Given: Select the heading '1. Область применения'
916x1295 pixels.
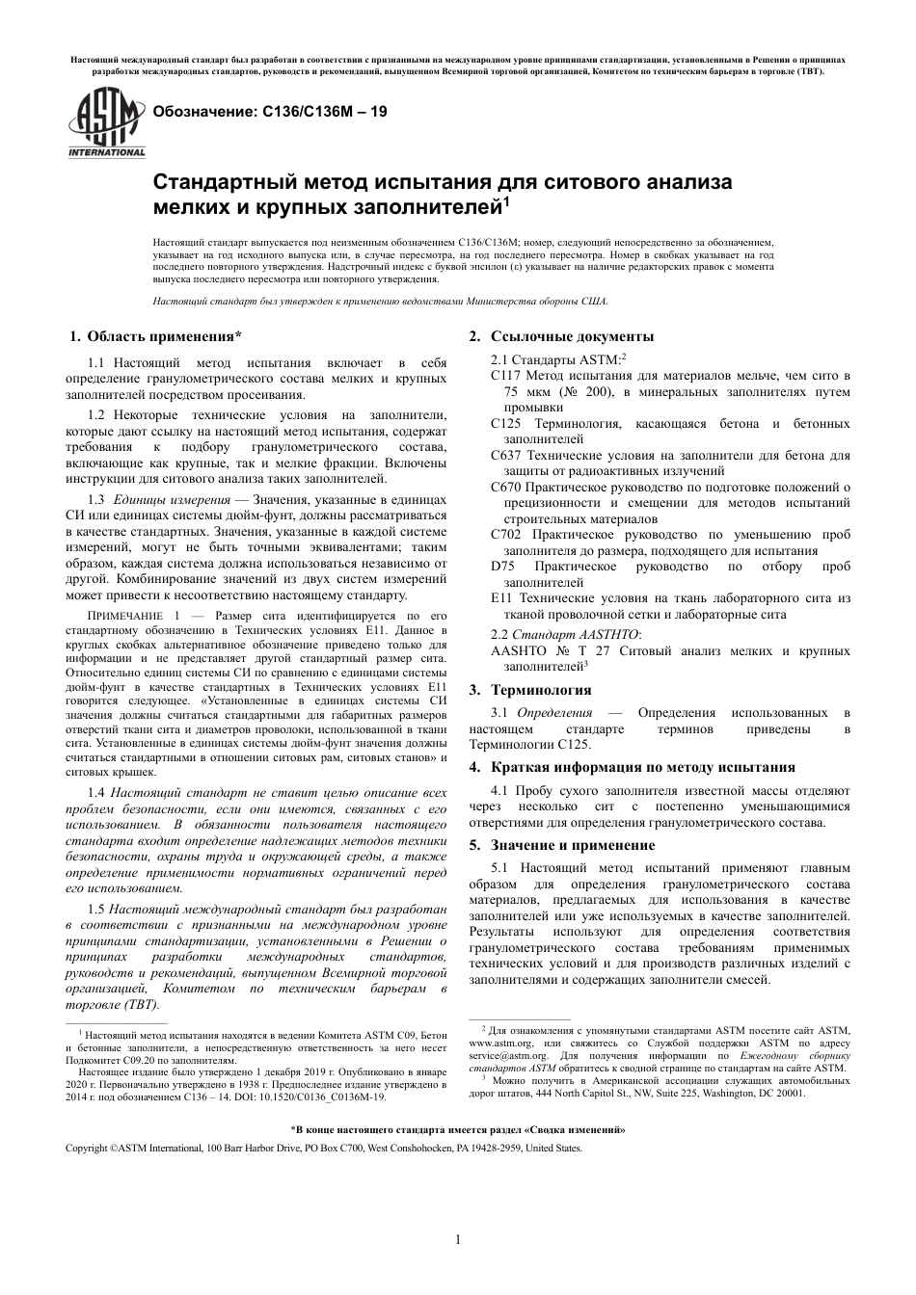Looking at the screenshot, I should pyautogui.click(x=155, y=336).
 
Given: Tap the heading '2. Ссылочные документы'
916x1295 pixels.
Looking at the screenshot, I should pyautogui.click(x=560, y=336).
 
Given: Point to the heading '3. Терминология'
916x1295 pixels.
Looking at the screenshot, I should pyautogui.click(x=529, y=690).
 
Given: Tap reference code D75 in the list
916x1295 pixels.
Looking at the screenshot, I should pyautogui.click(x=501, y=567).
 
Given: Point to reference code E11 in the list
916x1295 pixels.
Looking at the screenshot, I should pyautogui.click(x=500, y=598).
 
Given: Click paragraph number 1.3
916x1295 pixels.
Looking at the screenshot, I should pyautogui.click(x=95, y=500).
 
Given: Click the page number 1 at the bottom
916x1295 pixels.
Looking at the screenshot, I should pyautogui.click(x=458, y=1240).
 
